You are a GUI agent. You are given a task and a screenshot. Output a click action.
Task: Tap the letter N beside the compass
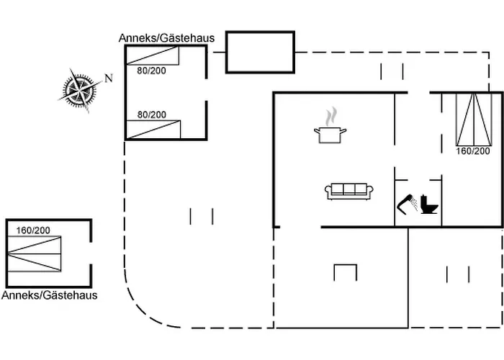pos(109,78)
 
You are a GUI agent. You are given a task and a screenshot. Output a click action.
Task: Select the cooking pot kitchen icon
pos(330,134)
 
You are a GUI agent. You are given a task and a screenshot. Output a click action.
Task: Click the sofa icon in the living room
pos(350,191)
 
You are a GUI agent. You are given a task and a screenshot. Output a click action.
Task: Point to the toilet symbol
pos(430,204)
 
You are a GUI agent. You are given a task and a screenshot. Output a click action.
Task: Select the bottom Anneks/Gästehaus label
pos(50,295)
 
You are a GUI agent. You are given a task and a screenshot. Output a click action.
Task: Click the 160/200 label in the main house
pos(473,151)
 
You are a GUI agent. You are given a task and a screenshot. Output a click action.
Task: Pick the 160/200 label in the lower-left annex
pos(33,230)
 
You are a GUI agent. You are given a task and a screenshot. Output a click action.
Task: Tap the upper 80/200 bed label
pos(151,71)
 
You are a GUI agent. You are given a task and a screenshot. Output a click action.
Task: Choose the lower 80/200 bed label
pos(151,114)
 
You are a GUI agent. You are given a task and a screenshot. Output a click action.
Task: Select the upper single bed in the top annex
pos(153,56)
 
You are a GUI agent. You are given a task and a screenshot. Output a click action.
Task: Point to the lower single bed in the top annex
pos(153,129)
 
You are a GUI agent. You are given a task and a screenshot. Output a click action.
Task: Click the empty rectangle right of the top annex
pos(260,52)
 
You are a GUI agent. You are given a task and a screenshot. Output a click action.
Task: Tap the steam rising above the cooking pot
pos(330,117)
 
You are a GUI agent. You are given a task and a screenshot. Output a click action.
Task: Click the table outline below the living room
pos(346,272)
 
